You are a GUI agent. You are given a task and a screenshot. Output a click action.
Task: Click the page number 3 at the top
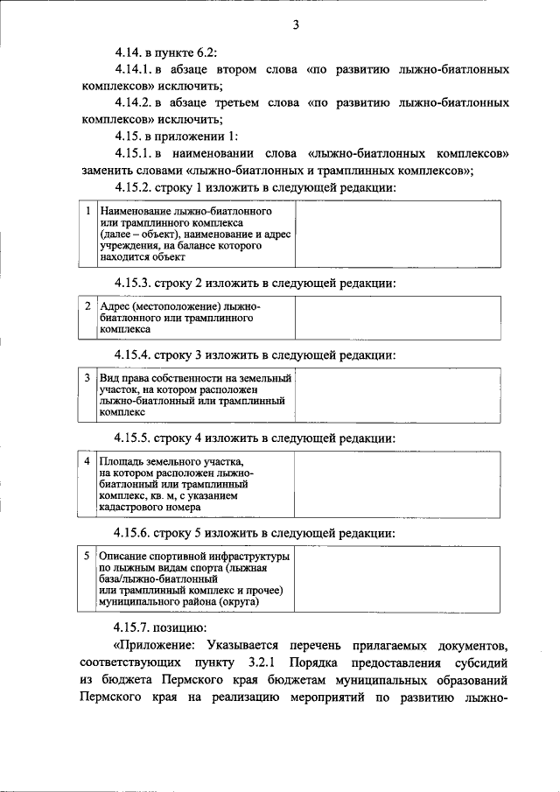296,25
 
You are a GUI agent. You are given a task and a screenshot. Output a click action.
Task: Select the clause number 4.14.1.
136,69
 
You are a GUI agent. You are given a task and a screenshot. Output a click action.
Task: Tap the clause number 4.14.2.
136,103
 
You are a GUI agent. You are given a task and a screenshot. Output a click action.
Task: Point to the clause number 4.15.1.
136,154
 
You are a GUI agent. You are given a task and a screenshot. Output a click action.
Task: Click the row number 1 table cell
88,212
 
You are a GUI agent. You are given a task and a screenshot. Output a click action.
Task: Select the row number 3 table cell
88,378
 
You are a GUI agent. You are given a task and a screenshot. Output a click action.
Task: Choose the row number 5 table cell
88,556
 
